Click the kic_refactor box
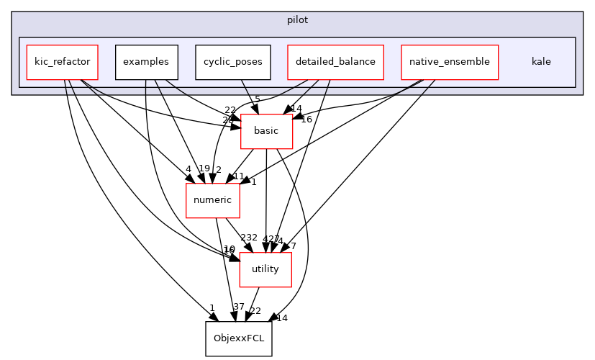pyautogui.click(x=62, y=62)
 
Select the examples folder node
pyautogui.click(x=146, y=62)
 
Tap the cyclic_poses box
pyautogui.click(x=232, y=62)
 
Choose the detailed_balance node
pyautogui.click(x=335, y=62)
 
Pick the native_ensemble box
pyautogui.click(x=449, y=62)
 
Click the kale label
pyautogui.click(x=541, y=62)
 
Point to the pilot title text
pyautogui.click(x=297, y=20)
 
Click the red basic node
pyautogui.click(x=266, y=131)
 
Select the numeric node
pyautogui.click(x=212, y=200)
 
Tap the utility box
pyautogui.click(x=265, y=269)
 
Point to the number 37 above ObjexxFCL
pyautogui.click(x=239, y=307)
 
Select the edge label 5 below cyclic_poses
pyautogui.click(x=258, y=99)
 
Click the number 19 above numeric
pyautogui.click(x=204, y=168)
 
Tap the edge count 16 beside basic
pyautogui.click(x=306, y=120)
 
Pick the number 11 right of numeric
pyautogui.click(x=239, y=176)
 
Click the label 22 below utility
pyautogui.click(x=255, y=311)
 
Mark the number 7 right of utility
pyautogui.click(x=293, y=246)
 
